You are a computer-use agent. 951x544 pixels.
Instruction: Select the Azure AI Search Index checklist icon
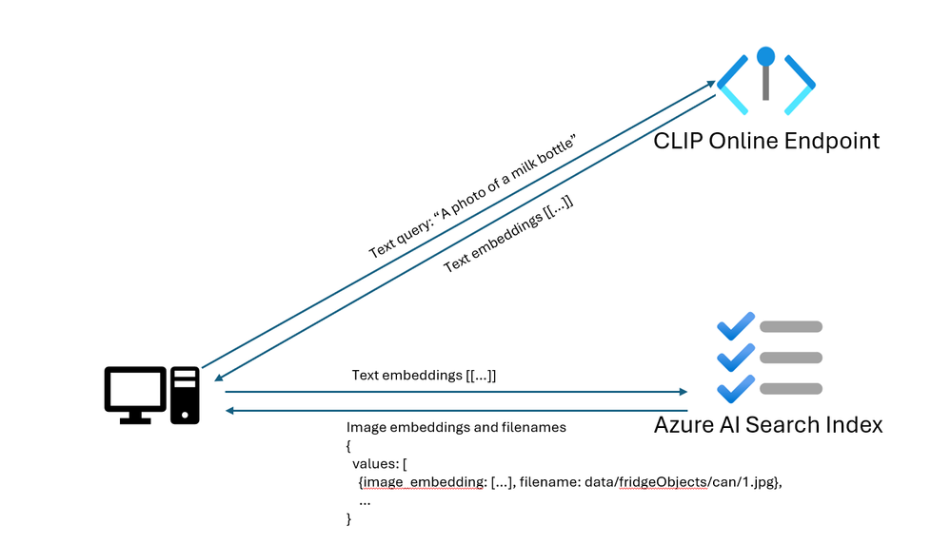pos(769,358)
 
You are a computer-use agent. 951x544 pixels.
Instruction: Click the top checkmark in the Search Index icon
pos(735,326)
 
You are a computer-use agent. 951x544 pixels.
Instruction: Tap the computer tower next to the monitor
pos(185,395)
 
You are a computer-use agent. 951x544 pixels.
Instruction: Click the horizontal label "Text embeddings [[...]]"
pos(424,376)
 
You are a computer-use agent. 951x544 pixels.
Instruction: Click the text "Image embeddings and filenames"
pos(456,428)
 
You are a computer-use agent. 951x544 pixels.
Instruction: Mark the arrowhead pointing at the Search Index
pos(683,392)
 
